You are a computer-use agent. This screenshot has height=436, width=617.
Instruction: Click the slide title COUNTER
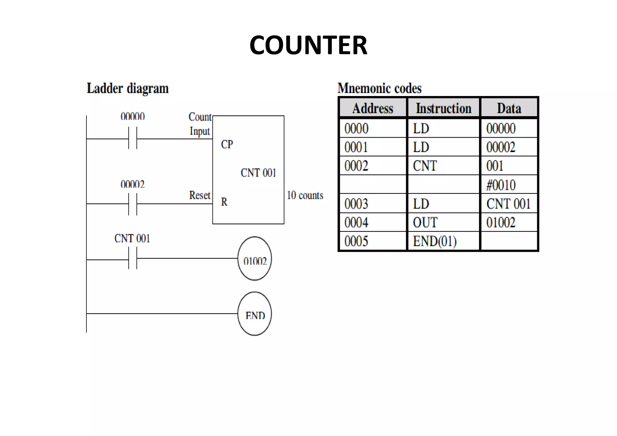tap(308, 45)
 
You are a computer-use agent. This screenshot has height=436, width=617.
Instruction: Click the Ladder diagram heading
tap(127, 89)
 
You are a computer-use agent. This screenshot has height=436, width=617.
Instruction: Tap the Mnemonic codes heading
tap(379, 88)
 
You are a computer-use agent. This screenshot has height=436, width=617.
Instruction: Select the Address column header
tap(373, 108)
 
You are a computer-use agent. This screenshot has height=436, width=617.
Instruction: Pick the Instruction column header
tap(443, 108)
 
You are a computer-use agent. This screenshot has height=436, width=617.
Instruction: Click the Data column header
tap(509, 108)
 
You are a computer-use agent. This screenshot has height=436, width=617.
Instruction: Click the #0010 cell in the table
tap(501, 185)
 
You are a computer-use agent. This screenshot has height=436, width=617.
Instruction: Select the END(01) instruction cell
tap(434, 241)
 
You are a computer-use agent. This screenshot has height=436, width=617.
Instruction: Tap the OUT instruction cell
tap(425, 223)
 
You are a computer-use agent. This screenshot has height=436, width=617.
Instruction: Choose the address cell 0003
tap(356, 204)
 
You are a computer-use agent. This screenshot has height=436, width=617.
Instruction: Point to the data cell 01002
tap(501, 223)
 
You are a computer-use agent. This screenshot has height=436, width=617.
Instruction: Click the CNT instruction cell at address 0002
tap(425, 166)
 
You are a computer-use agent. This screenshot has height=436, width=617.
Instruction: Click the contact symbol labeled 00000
tap(133, 139)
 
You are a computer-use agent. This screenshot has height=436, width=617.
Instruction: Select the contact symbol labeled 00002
tap(133, 204)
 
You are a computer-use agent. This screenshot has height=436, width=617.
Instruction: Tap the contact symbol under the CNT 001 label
tap(133, 258)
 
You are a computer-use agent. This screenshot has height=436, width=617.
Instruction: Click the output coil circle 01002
tap(255, 259)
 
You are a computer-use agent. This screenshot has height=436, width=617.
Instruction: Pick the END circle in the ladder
tap(255, 314)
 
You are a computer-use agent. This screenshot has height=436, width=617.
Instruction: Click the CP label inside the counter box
tap(227, 144)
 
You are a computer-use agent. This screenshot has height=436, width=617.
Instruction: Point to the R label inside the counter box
tap(224, 202)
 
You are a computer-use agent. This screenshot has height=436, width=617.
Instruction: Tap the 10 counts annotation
tap(305, 195)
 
